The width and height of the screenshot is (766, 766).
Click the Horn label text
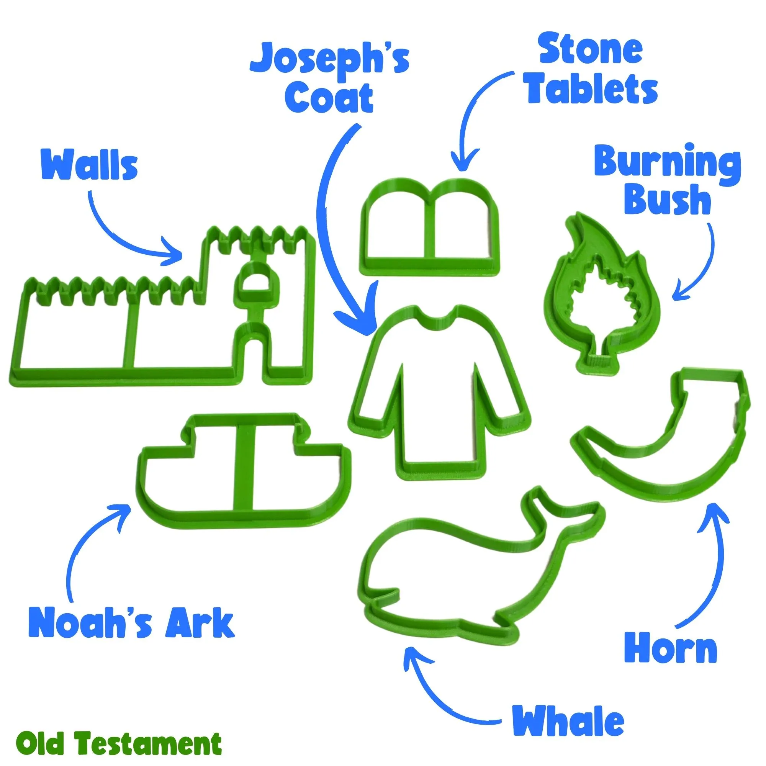pos(671,652)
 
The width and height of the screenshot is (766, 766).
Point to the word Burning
pos(667,165)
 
